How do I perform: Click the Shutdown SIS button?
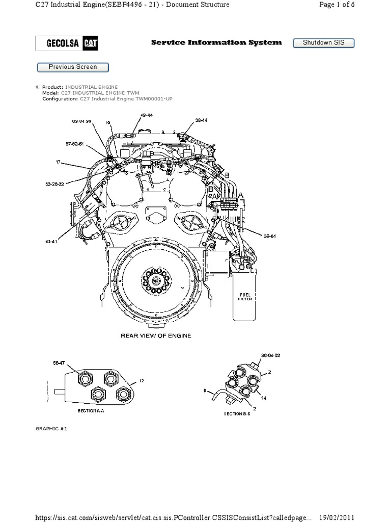click(323, 43)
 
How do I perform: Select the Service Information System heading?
click(216, 43)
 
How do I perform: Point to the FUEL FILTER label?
click(246, 297)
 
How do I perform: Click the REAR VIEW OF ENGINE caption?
click(155, 336)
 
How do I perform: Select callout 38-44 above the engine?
click(201, 121)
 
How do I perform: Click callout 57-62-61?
click(74, 144)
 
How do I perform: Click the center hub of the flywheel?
click(154, 280)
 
